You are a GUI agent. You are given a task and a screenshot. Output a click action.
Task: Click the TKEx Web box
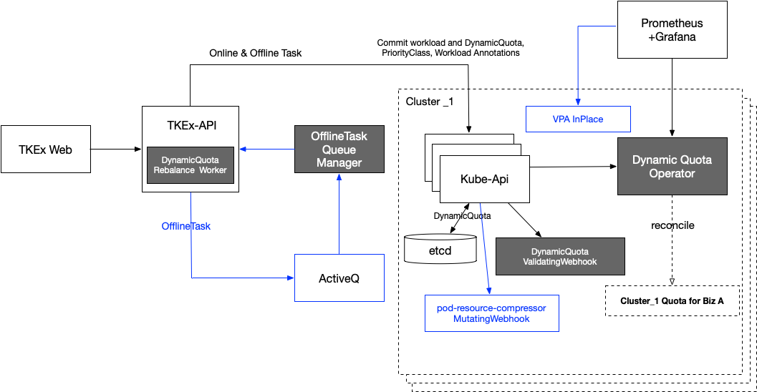coord(46,149)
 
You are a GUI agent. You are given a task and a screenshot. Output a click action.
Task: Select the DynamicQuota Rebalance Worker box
coord(191,165)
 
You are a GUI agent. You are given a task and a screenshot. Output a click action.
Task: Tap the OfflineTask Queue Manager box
coord(339,149)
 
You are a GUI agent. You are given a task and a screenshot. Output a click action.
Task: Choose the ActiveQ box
coord(339,278)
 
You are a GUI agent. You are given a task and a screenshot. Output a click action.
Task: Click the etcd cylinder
coord(440,249)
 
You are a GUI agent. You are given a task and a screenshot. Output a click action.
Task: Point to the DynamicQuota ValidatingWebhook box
coord(560,257)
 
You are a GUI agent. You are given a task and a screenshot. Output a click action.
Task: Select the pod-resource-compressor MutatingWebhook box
coord(491,313)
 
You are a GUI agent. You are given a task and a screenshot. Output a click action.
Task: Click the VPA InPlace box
coord(578,119)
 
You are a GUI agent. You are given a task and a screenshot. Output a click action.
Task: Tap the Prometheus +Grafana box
coord(672,30)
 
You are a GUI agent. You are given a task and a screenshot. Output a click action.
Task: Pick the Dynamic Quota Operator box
coord(672,167)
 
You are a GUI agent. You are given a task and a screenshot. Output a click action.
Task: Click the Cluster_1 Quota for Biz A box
coord(672,301)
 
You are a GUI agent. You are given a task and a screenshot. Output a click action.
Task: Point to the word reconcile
coord(672,225)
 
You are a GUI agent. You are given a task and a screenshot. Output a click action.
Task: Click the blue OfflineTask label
coord(186,226)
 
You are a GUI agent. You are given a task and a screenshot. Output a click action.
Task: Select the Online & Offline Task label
coord(256,53)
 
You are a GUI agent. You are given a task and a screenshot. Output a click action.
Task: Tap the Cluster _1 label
coord(430,102)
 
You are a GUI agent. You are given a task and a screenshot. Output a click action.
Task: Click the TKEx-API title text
coord(192,125)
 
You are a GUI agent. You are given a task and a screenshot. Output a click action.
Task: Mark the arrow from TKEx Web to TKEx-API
coord(116,149)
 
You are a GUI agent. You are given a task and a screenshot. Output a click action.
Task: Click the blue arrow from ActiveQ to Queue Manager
coord(339,214)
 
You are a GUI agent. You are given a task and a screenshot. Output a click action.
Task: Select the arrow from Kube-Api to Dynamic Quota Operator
coord(574,167)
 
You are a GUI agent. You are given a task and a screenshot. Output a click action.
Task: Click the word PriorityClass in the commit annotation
coord(407,53)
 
